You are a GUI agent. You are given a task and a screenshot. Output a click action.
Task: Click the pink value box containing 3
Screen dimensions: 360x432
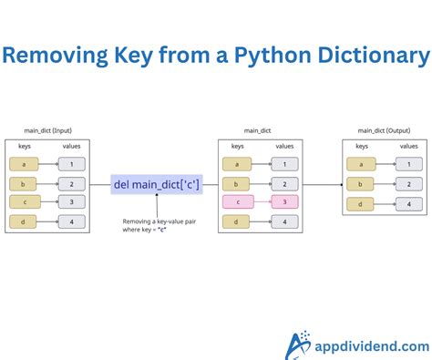(284, 201)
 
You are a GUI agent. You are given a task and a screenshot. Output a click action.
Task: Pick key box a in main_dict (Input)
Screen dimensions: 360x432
(24, 164)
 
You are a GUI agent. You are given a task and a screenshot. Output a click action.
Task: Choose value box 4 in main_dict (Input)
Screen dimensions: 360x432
(72, 221)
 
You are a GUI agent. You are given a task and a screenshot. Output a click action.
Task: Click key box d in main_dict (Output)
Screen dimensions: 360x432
(361, 202)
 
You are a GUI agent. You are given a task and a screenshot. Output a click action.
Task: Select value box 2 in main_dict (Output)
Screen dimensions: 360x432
(409, 183)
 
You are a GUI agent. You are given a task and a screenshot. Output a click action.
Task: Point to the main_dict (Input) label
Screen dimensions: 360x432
(46, 130)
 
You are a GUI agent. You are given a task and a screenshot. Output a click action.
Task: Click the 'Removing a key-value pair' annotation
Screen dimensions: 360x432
(151, 225)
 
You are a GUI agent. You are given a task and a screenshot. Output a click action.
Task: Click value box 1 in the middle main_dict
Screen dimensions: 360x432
(284, 164)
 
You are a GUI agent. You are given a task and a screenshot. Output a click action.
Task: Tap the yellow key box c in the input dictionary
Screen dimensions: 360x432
(24, 201)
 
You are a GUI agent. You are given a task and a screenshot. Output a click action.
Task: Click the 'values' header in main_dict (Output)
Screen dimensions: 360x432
(408, 146)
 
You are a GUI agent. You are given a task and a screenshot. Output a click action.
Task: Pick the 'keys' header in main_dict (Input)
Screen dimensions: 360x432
(25, 146)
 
